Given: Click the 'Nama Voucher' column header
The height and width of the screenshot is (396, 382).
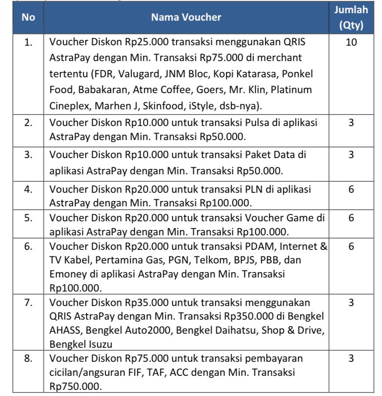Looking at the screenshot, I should [186, 18].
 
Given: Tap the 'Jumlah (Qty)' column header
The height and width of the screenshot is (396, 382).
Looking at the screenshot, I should [351, 18].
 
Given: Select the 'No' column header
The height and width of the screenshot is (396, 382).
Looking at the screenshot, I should [28, 18].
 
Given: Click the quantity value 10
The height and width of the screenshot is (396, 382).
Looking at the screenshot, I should [351, 43].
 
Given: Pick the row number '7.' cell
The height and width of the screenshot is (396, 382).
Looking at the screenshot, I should [28, 302].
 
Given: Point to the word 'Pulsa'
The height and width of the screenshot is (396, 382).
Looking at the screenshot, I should [247, 123].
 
